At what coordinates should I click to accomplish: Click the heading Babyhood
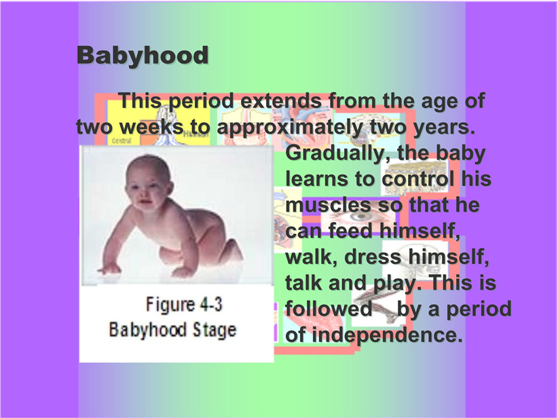coord(143,56)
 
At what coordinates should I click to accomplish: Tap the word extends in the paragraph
coord(281,100)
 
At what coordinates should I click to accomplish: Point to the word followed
coord(329,309)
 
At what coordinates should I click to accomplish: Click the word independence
coord(388,335)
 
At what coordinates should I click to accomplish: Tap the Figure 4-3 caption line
coord(184,305)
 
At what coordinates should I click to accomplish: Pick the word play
coord(394,284)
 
